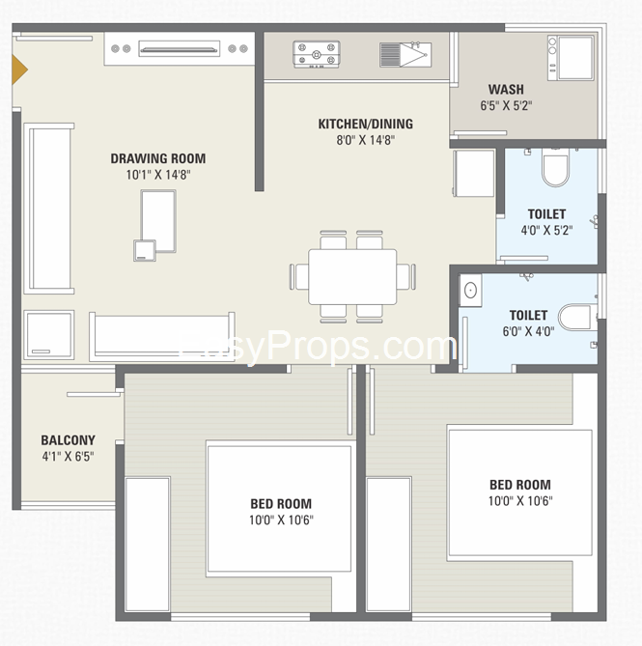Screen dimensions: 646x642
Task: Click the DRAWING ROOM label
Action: click(x=157, y=159)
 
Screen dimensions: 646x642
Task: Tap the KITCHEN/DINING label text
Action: click(x=365, y=124)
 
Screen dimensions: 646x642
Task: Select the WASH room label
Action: click(x=506, y=90)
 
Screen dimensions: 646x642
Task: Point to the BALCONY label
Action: click(x=68, y=440)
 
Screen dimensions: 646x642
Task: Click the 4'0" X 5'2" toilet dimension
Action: click(x=546, y=231)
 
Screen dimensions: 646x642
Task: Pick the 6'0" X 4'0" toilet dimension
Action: click(x=528, y=331)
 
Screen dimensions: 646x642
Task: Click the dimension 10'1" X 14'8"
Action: click(x=157, y=176)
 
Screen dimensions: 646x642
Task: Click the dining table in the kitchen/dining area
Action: click(x=352, y=276)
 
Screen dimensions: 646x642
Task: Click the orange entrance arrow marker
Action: click(x=17, y=70)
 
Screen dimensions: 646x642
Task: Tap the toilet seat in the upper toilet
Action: click(x=555, y=170)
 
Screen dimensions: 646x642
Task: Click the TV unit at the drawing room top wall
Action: click(x=180, y=47)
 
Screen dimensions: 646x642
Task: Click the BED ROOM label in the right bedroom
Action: click(x=519, y=485)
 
